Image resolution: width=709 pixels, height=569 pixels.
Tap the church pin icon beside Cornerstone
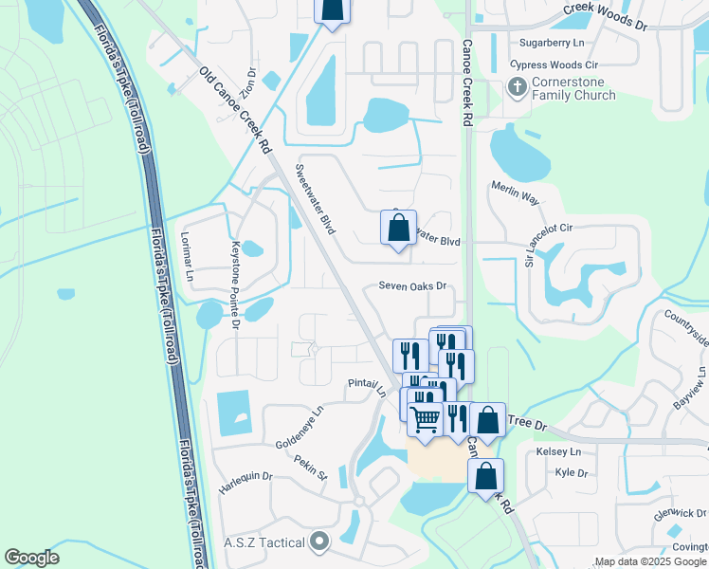pyautogui.click(x=517, y=88)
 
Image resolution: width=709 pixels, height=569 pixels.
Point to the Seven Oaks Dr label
pyautogui.click(x=412, y=285)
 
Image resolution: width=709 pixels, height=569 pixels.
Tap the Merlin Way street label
pyautogui.click(x=515, y=193)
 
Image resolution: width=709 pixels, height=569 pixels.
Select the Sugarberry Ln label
pyautogui.click(x=552, y=44)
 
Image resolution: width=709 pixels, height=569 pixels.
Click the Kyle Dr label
pyautogui.click(x=572, y=473)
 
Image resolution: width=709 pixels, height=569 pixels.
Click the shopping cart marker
pyautogui.click(x=426, y=416)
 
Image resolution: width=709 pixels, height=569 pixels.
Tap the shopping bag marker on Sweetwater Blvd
pyautogui.click(x=399, y=229)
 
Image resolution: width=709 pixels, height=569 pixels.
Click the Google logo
pyautogui.click(x=32, y=558)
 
